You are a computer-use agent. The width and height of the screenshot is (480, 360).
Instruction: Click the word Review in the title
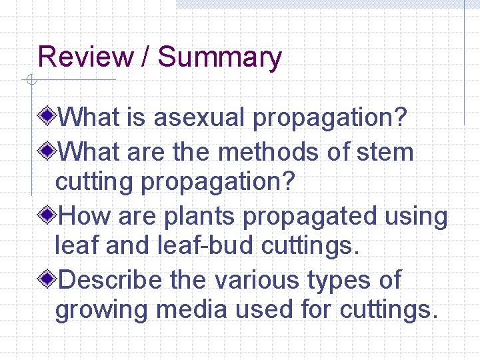[x=86, y=57]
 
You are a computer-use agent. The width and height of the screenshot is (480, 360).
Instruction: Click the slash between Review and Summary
[x=145, y=57]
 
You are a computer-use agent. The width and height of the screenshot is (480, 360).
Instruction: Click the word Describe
[x=111, y=280]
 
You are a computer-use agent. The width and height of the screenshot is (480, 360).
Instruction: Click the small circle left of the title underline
[x=31, y=81]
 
